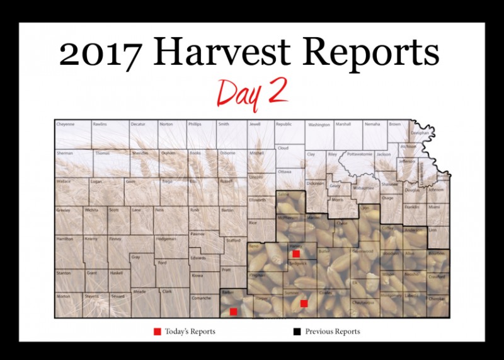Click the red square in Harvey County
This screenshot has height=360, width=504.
(x=295, y=253)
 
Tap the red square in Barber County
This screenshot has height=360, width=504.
(x=234, y=311)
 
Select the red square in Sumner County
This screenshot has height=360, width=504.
(x=304, y=303)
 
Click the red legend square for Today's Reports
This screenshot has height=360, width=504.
(x=157, y=331)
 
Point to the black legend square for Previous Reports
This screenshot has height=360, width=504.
(x=295, y=331)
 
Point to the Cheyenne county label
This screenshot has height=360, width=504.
(x=66, y=124)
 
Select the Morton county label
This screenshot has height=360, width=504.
(x=64, y=296)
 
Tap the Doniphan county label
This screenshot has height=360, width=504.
(x=420, y=134)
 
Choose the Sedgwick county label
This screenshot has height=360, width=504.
(x=297, y=263)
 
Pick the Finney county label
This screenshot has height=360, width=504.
(x=115, y=239)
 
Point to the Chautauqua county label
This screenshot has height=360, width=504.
(x=363, y=303)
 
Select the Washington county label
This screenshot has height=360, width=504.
(x=319, y=125)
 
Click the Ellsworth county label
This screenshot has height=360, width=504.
(x=257, y=200)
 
